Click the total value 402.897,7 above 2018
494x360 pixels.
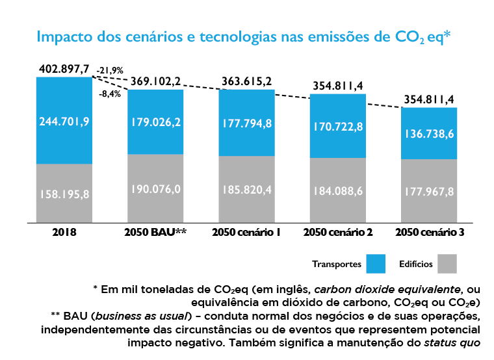pos(64,69)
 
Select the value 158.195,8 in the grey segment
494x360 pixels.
pos(64,193)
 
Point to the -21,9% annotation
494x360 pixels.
pos(110,70)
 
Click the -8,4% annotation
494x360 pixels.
pos(109,94)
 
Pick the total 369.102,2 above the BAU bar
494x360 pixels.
pos(155,81)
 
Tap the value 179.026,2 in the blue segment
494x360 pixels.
pos(155,121)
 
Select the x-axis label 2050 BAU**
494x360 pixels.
pos(155,231)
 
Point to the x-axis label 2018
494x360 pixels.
pos(64,231)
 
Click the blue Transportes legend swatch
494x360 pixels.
pos(376,264)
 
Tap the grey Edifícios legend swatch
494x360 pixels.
pos(447,264)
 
